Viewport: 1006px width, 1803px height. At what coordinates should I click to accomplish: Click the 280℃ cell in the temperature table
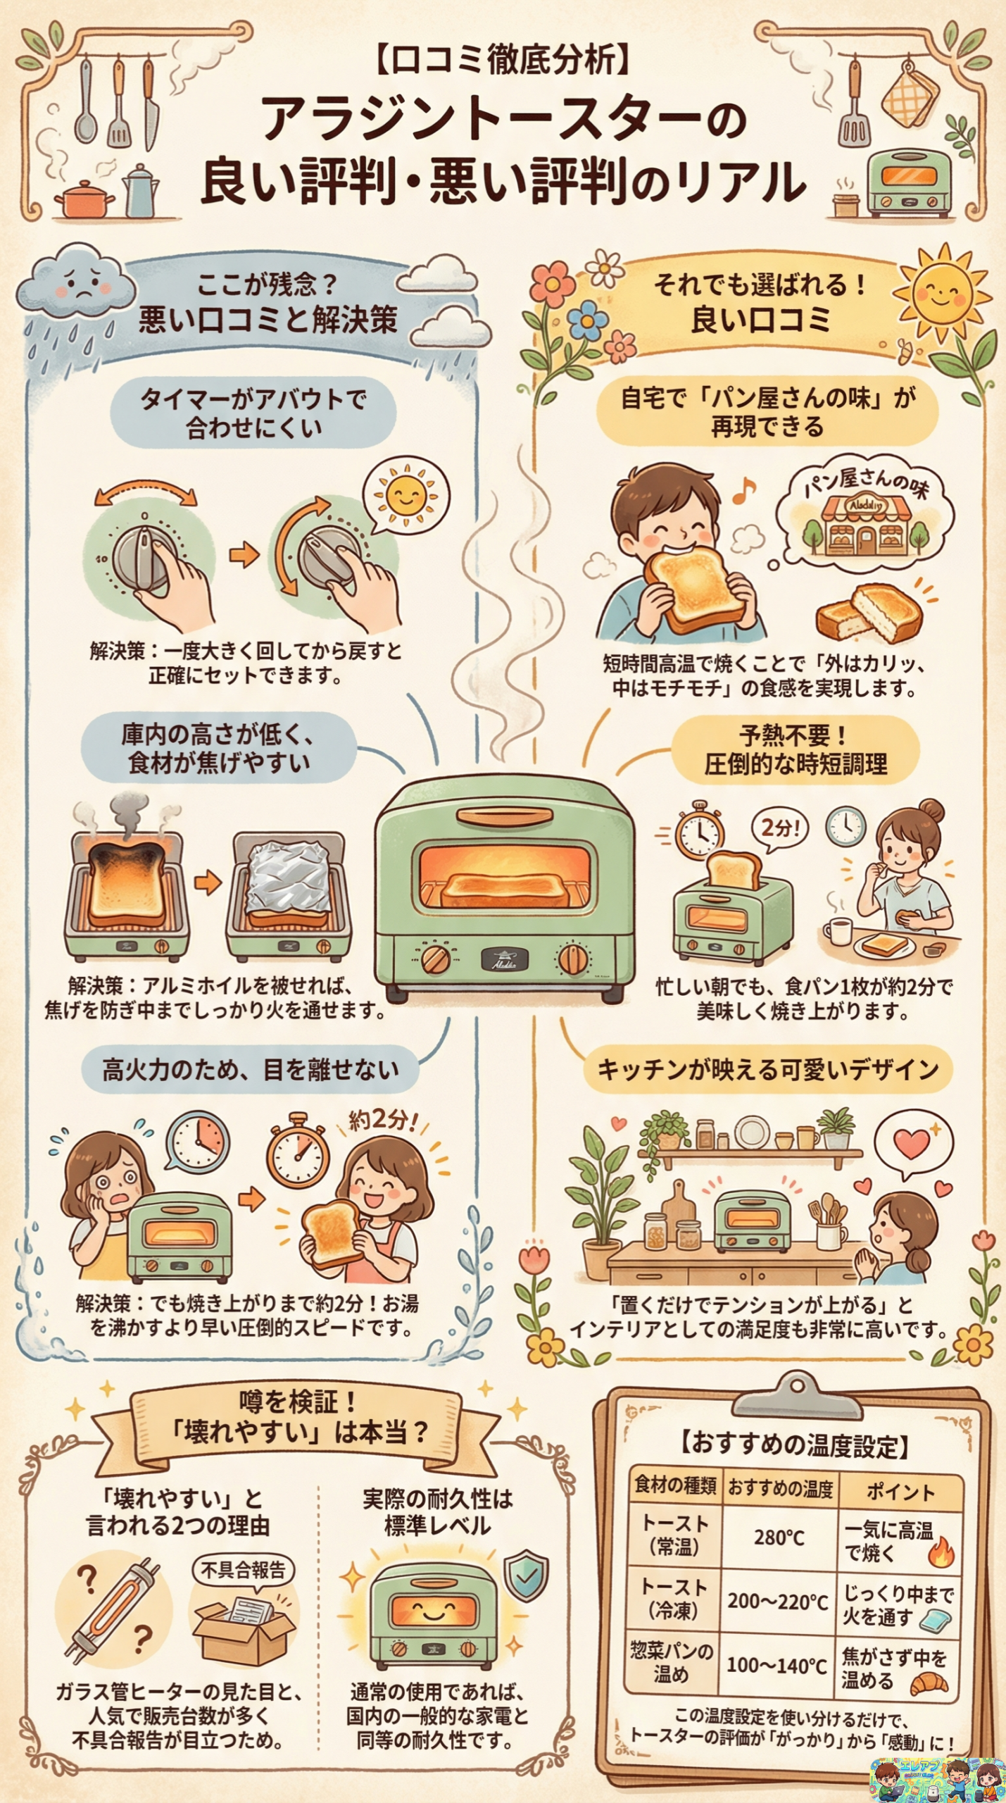tap(779, 1537)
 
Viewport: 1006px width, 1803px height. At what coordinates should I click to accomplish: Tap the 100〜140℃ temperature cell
tap(776, 1665)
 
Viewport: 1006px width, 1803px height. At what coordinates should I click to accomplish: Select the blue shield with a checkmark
tap(526, 1575)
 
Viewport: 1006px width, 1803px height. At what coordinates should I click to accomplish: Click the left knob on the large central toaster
tap(436, 959)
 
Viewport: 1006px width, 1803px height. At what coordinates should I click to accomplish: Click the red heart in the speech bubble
tap(912, 1143)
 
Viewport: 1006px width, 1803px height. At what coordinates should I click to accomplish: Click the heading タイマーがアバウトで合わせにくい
tap(253, 413)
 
